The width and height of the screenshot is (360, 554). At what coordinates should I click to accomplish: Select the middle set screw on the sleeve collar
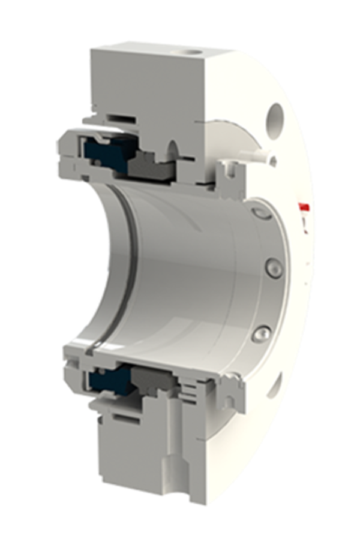click(x=274, y=268)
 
